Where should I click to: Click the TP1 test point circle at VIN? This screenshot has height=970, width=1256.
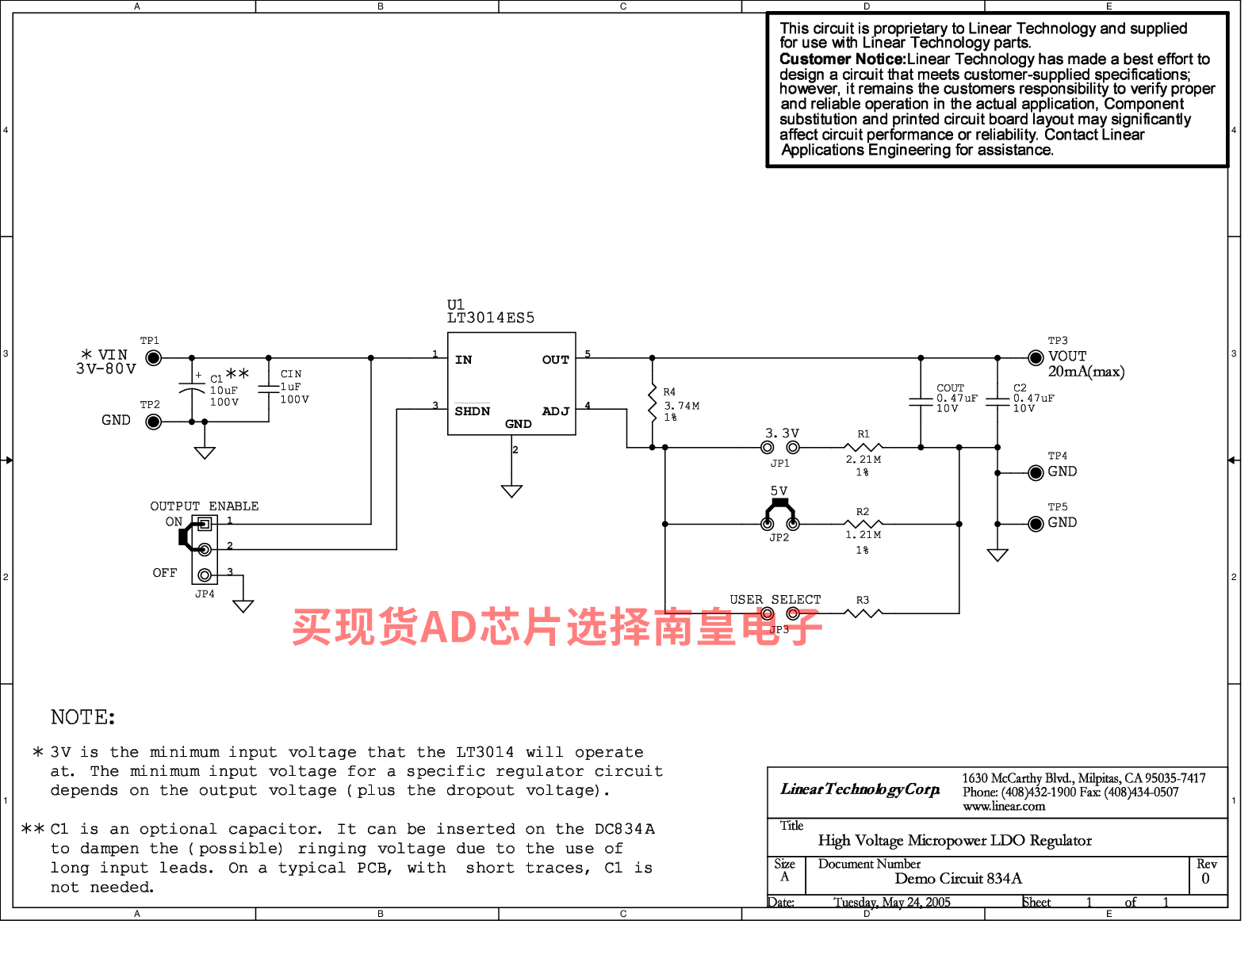click(153, 358)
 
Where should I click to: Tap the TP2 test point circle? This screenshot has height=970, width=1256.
click(153, 422)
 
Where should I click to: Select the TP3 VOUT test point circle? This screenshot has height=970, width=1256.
click(1036, 358)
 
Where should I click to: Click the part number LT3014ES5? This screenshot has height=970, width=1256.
click(491, 319)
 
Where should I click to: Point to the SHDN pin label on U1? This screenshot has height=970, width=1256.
click(473, 411)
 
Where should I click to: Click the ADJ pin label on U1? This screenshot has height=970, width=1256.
click(556, 411)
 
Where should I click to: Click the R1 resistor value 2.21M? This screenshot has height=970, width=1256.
click(863, 460)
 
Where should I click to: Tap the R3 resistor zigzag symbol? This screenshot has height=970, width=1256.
click(863, 613)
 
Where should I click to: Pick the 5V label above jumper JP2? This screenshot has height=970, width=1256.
click(779, 491)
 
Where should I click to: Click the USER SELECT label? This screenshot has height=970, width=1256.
click(775, 600)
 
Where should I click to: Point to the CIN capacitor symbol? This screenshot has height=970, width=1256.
click(269, 389)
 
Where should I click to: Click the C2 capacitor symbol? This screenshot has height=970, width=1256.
click(998, 402)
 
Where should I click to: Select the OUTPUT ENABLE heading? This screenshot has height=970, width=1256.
click(205, 506)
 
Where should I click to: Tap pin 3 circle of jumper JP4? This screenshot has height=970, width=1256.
click(205, 575)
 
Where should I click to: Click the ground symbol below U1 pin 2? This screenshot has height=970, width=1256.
click(511, 491)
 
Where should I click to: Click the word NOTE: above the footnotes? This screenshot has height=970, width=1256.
click(83, 717)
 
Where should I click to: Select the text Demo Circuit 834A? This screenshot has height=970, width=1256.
click(959, 879)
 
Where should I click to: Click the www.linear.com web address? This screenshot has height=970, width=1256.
click(1004, 807)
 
